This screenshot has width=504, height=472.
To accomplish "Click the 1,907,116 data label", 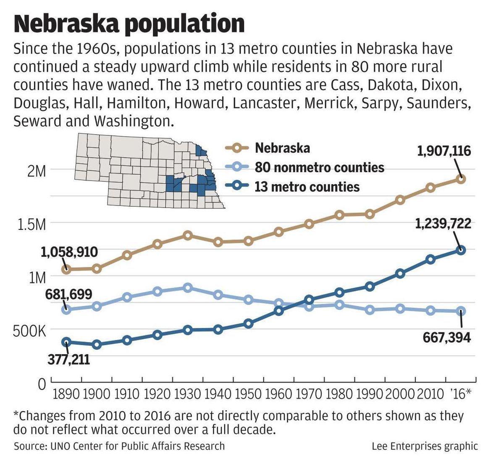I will point(444,150).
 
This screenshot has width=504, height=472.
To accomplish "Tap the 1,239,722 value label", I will point(443,224).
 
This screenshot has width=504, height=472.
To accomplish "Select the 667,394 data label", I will point(447,337).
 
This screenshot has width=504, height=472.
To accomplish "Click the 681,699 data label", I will point(68,294).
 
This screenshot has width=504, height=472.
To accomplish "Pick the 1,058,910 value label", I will point(69,252).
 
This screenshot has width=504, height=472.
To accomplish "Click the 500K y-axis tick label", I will point(29,331).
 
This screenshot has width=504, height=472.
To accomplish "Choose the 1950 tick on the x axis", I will point(249,394).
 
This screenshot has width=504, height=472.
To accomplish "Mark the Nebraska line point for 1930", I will point(188,235).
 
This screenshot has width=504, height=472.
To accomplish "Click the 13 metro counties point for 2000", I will point(400,274).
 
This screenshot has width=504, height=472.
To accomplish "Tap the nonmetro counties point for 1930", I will point(188,288).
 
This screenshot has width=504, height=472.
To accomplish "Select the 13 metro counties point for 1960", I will point(279,311).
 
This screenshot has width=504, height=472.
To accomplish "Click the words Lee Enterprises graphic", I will point(425,446).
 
